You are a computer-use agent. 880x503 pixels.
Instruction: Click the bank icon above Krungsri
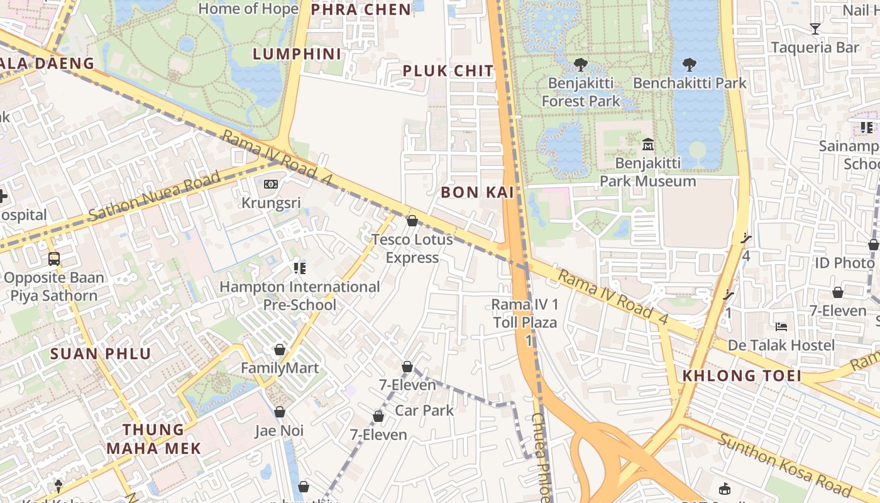(271, 184)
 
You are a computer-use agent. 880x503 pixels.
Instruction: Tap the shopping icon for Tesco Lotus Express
(412, 221)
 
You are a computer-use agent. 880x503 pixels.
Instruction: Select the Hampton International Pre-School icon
(299, 268)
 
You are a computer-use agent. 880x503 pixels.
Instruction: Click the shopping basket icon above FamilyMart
(280, 350)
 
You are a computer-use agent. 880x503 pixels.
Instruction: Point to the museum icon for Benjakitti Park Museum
(648, 145)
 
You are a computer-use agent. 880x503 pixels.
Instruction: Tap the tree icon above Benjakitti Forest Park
(580, 64)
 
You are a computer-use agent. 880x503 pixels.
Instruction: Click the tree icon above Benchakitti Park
(689, 64)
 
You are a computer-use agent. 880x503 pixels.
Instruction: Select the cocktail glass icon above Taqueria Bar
(815, 28)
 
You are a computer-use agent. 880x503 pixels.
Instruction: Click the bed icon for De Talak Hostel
(781, 326)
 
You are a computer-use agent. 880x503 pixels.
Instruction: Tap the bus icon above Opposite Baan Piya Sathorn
(54, 258)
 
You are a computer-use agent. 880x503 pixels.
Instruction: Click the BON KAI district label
(478, 192)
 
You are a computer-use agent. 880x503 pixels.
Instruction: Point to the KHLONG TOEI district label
(742, 376)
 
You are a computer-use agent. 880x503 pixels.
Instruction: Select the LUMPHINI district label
(297, 54)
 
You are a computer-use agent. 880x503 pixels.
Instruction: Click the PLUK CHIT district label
(448, 71)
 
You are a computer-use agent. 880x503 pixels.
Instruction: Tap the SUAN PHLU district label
(101, 353)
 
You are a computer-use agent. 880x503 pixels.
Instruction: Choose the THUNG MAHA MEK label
(154, 439)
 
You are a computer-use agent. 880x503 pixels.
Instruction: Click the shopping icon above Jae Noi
(280, 412)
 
